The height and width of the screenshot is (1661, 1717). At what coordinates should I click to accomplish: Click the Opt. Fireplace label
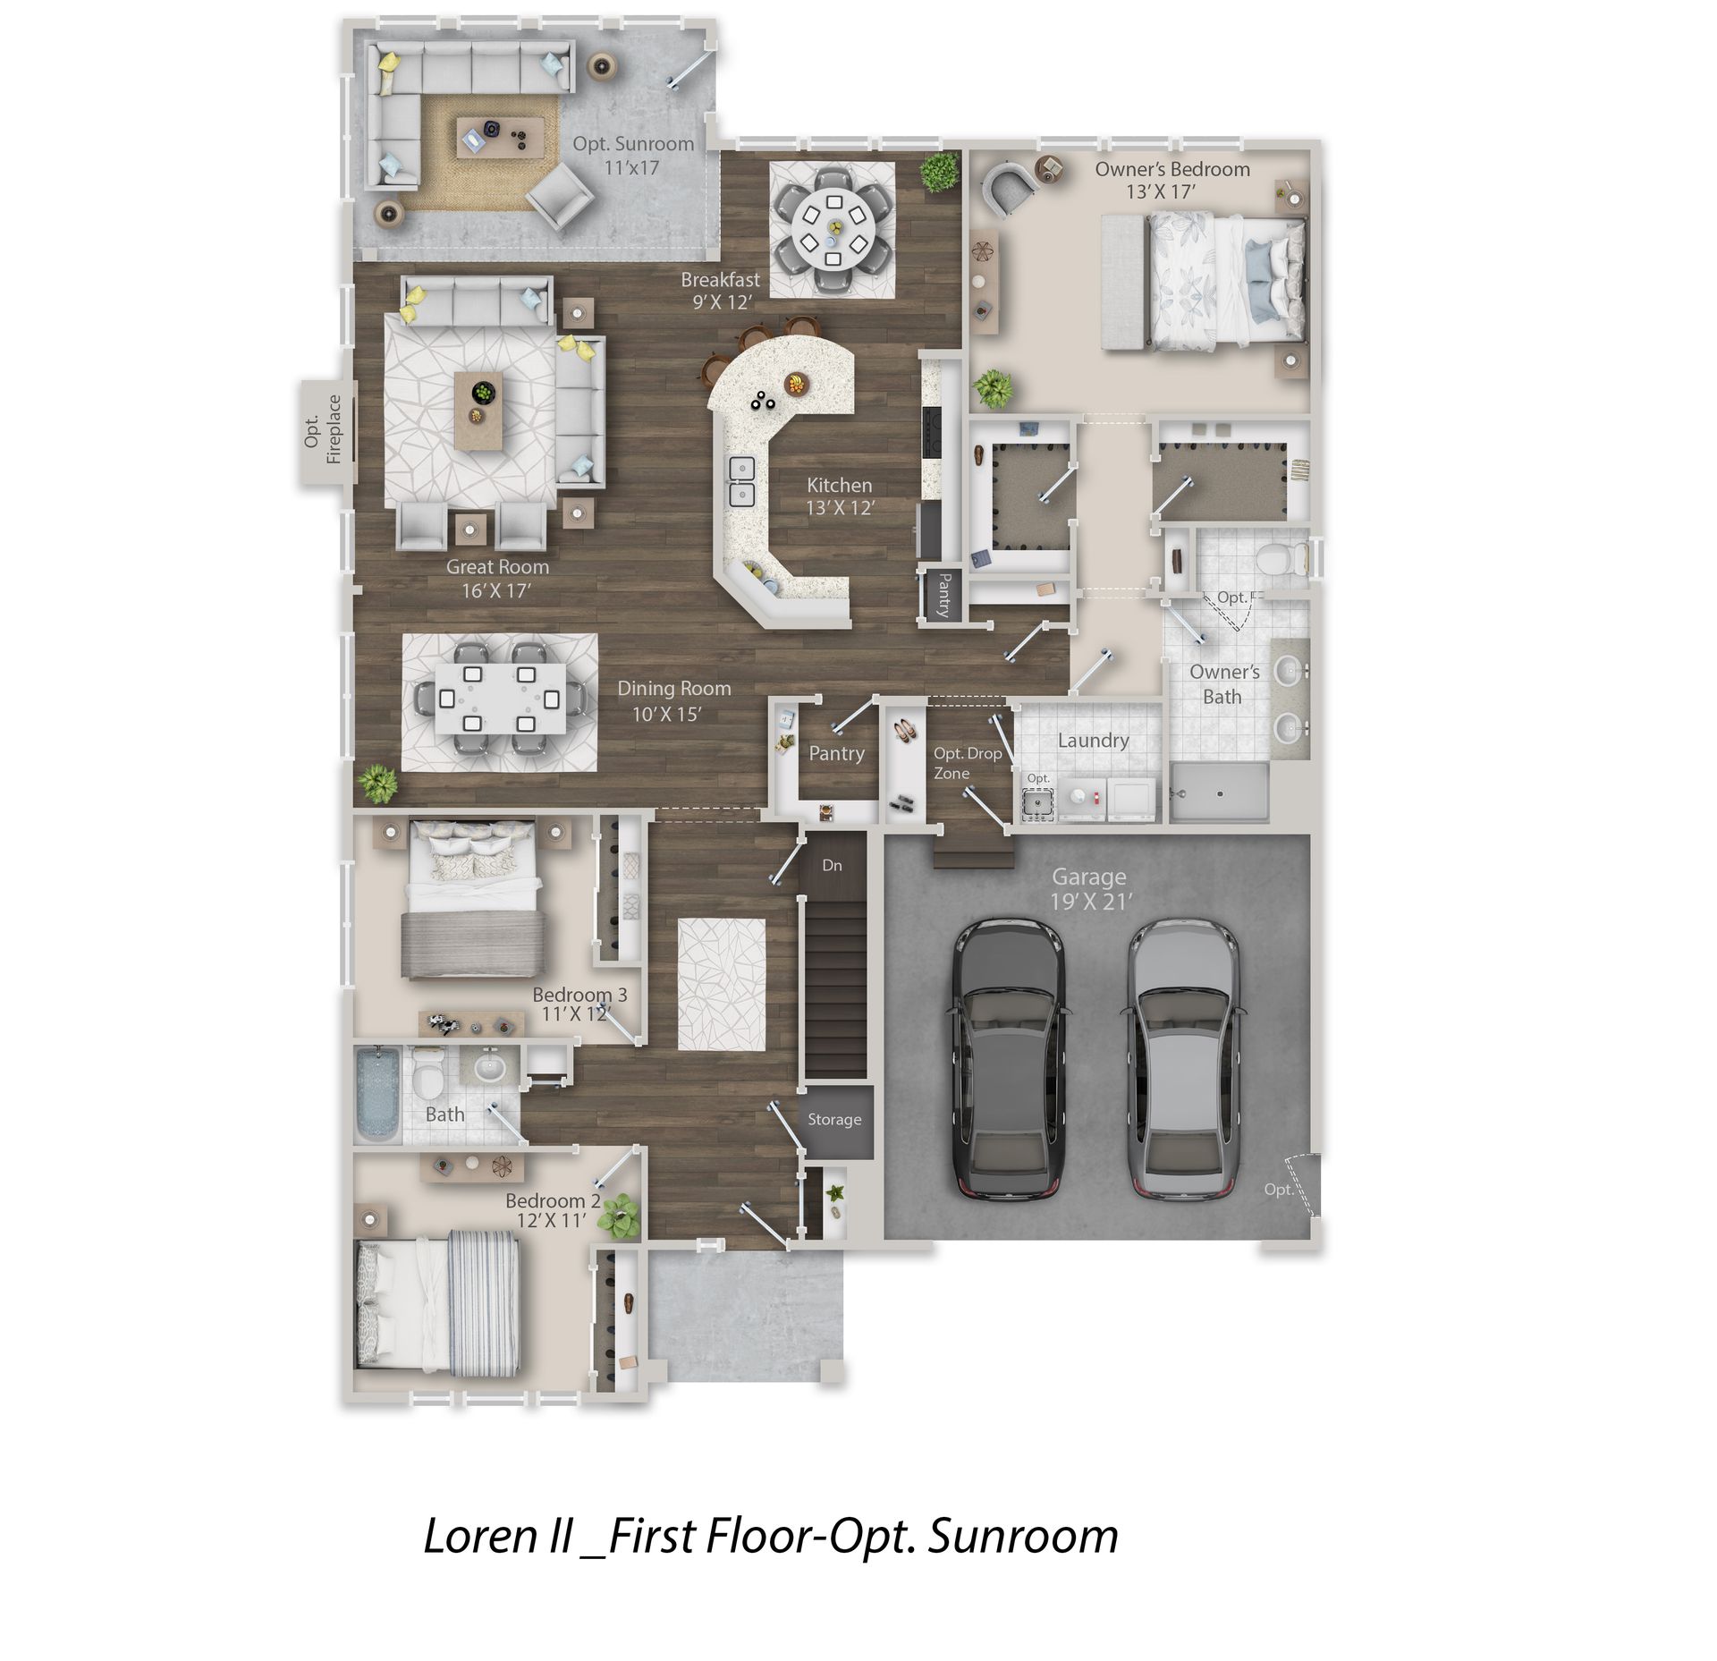tap(323, 429)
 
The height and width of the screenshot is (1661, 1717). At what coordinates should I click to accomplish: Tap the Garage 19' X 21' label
tap(1089, 889)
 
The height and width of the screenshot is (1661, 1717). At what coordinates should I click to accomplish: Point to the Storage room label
tap(834, 1120)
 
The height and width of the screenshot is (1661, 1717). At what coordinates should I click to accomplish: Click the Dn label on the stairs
tap(832, 865)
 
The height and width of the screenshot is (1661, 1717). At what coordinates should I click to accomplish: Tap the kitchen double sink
tap(741, 481)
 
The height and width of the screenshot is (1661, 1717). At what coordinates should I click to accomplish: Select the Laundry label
tap(1093, 741)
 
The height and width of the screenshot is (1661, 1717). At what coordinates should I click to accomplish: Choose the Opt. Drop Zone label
tap(968, 763)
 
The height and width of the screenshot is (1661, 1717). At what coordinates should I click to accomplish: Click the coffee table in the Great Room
tap(478, 411)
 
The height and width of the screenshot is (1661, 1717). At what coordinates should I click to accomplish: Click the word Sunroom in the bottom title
tap(1023, 1537)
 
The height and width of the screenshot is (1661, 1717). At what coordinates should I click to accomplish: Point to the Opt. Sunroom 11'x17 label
tap(633, 155)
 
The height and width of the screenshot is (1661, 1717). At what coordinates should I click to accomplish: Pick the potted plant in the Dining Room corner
tap(378, 784)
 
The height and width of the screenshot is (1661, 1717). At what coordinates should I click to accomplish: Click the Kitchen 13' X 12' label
tap(840, 496)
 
